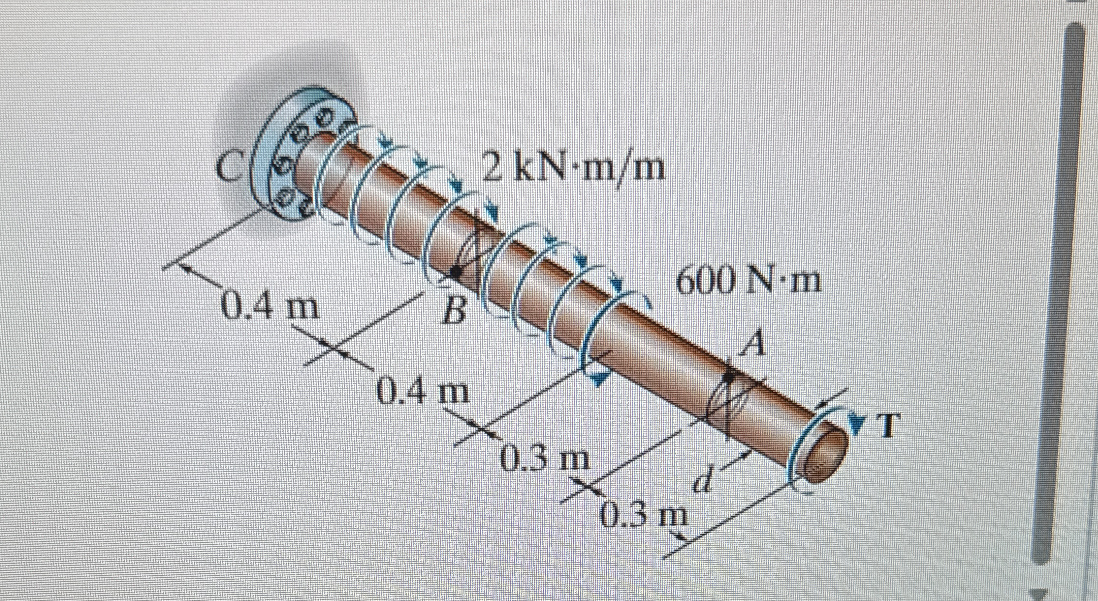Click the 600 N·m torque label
coord(748,283)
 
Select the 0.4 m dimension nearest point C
coord(270,307)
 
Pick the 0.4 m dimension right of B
coord(423,392)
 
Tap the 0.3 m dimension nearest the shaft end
coord(645,517)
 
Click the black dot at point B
coord(456,272)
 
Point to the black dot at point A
coord(729,377)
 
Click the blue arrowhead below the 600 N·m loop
coord(600,382)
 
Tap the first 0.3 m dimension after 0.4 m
coord(545,460)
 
